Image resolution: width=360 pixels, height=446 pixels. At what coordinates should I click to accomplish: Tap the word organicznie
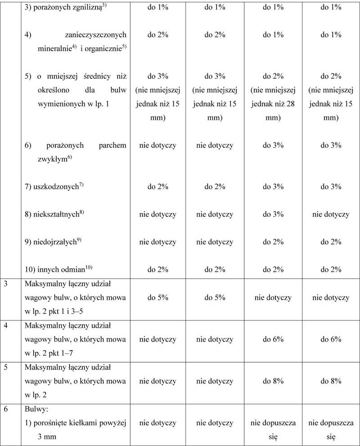pyautogui.click(x=103, y=48)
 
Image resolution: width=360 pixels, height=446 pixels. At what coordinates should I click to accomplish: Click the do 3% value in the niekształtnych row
pyautogui.click(x=273, y=214)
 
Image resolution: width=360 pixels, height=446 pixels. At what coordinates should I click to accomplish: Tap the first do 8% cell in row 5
pyautogui.click(x=273, y=381)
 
